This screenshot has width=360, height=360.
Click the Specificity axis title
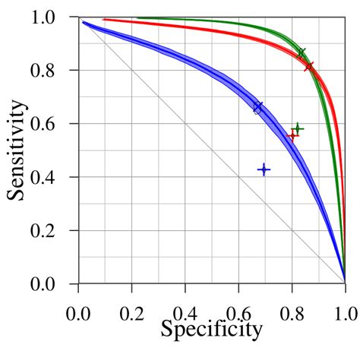tap(211, 329)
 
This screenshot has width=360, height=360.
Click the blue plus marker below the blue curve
tap(264, 169)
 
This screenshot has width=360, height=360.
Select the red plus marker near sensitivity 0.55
tap(292, 137)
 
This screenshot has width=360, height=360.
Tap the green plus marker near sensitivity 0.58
tap(298, 129)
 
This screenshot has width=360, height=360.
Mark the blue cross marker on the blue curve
tap(258, 107)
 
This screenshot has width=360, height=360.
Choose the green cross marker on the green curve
tap(302, 52)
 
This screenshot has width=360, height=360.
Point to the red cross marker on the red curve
tap(309, 67)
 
